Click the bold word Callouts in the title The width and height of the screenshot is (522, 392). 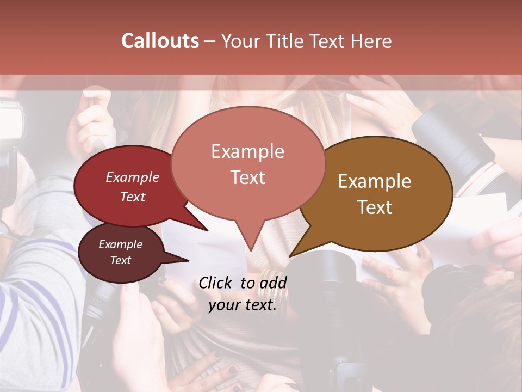[x=160, y=41]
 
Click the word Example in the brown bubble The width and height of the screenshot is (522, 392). [x=375, y=181]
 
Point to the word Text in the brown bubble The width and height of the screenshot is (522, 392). [x=375, y=207]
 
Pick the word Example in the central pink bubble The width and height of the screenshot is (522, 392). [x=247, y=151]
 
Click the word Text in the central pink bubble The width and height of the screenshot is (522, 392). [x=247, y=177]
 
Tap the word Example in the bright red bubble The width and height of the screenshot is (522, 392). [x=133, y=177]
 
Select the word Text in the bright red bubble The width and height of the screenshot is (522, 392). [x=133, y=197]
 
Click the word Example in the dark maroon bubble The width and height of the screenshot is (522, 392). [x=120, y=244]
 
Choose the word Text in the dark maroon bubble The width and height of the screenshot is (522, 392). [x=120, y=260]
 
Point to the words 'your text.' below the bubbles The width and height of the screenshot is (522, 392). [x=243, y=305]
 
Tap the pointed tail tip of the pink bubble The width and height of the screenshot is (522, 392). [x=251, y=251]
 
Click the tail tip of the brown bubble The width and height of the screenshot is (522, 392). [x=290, y=256]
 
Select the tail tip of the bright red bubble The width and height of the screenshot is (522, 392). [x=207, y=231]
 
